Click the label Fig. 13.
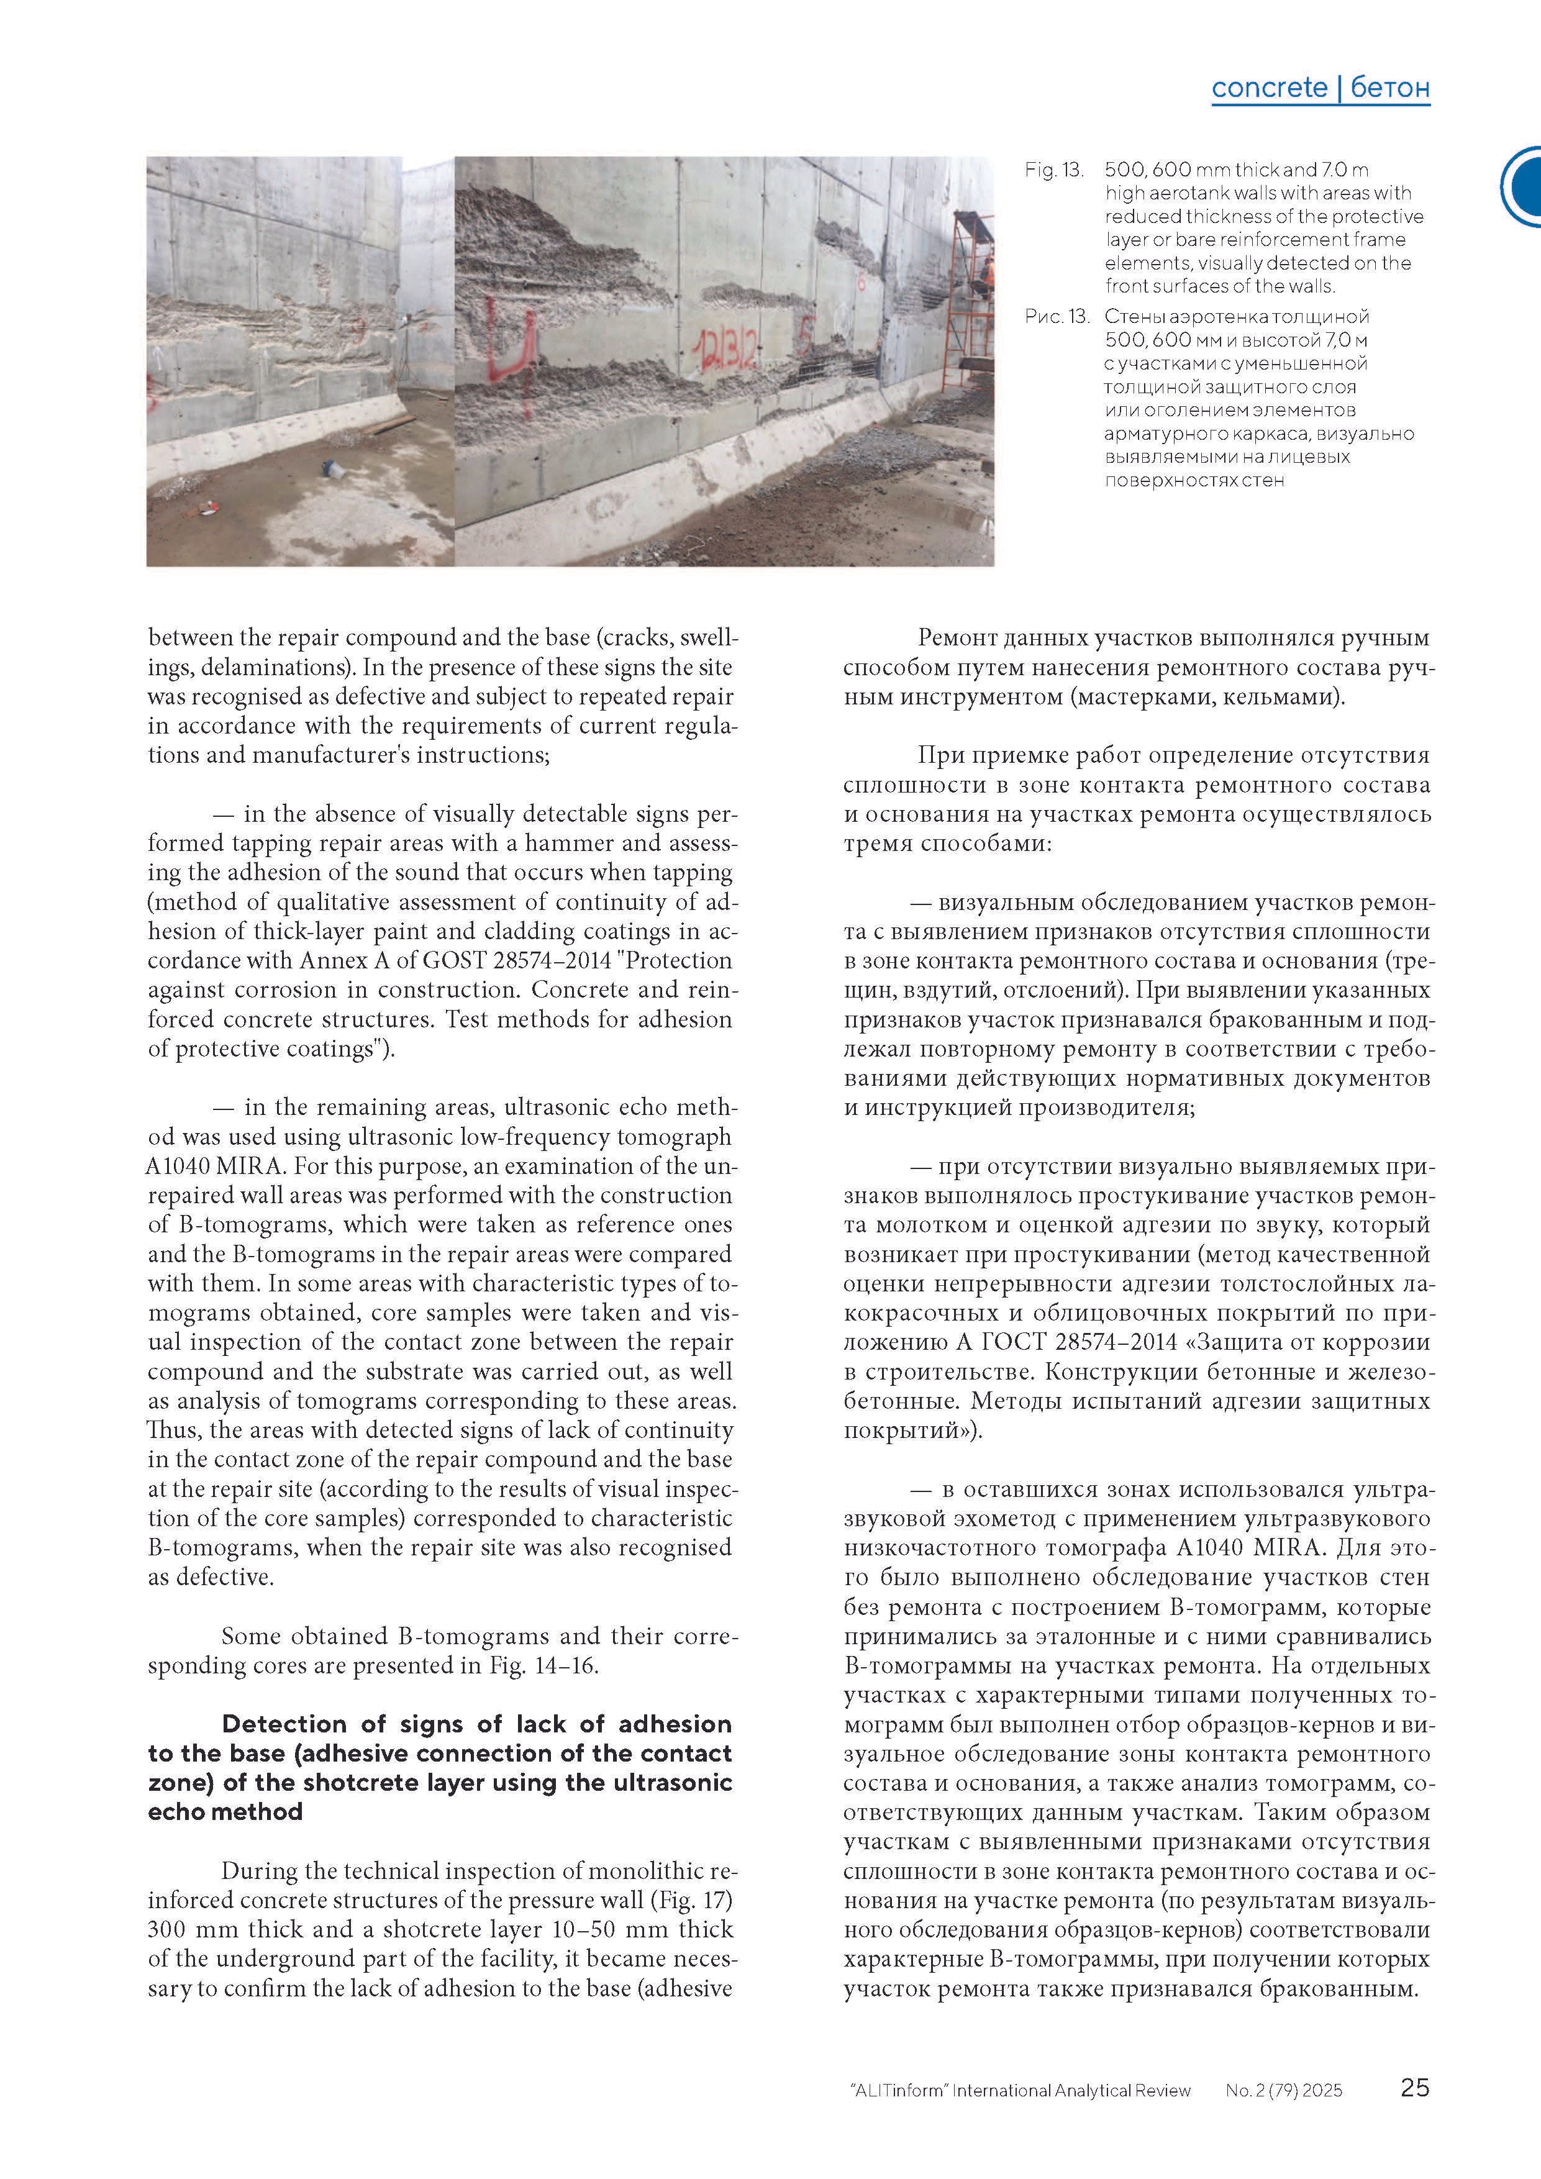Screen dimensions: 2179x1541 pyautogui.click(x=1053, y=171)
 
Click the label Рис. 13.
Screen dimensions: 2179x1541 pyautogui.click(x=1056, y=317)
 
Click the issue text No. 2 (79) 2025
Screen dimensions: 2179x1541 pyautogui.click(x=1283, y=2090)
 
